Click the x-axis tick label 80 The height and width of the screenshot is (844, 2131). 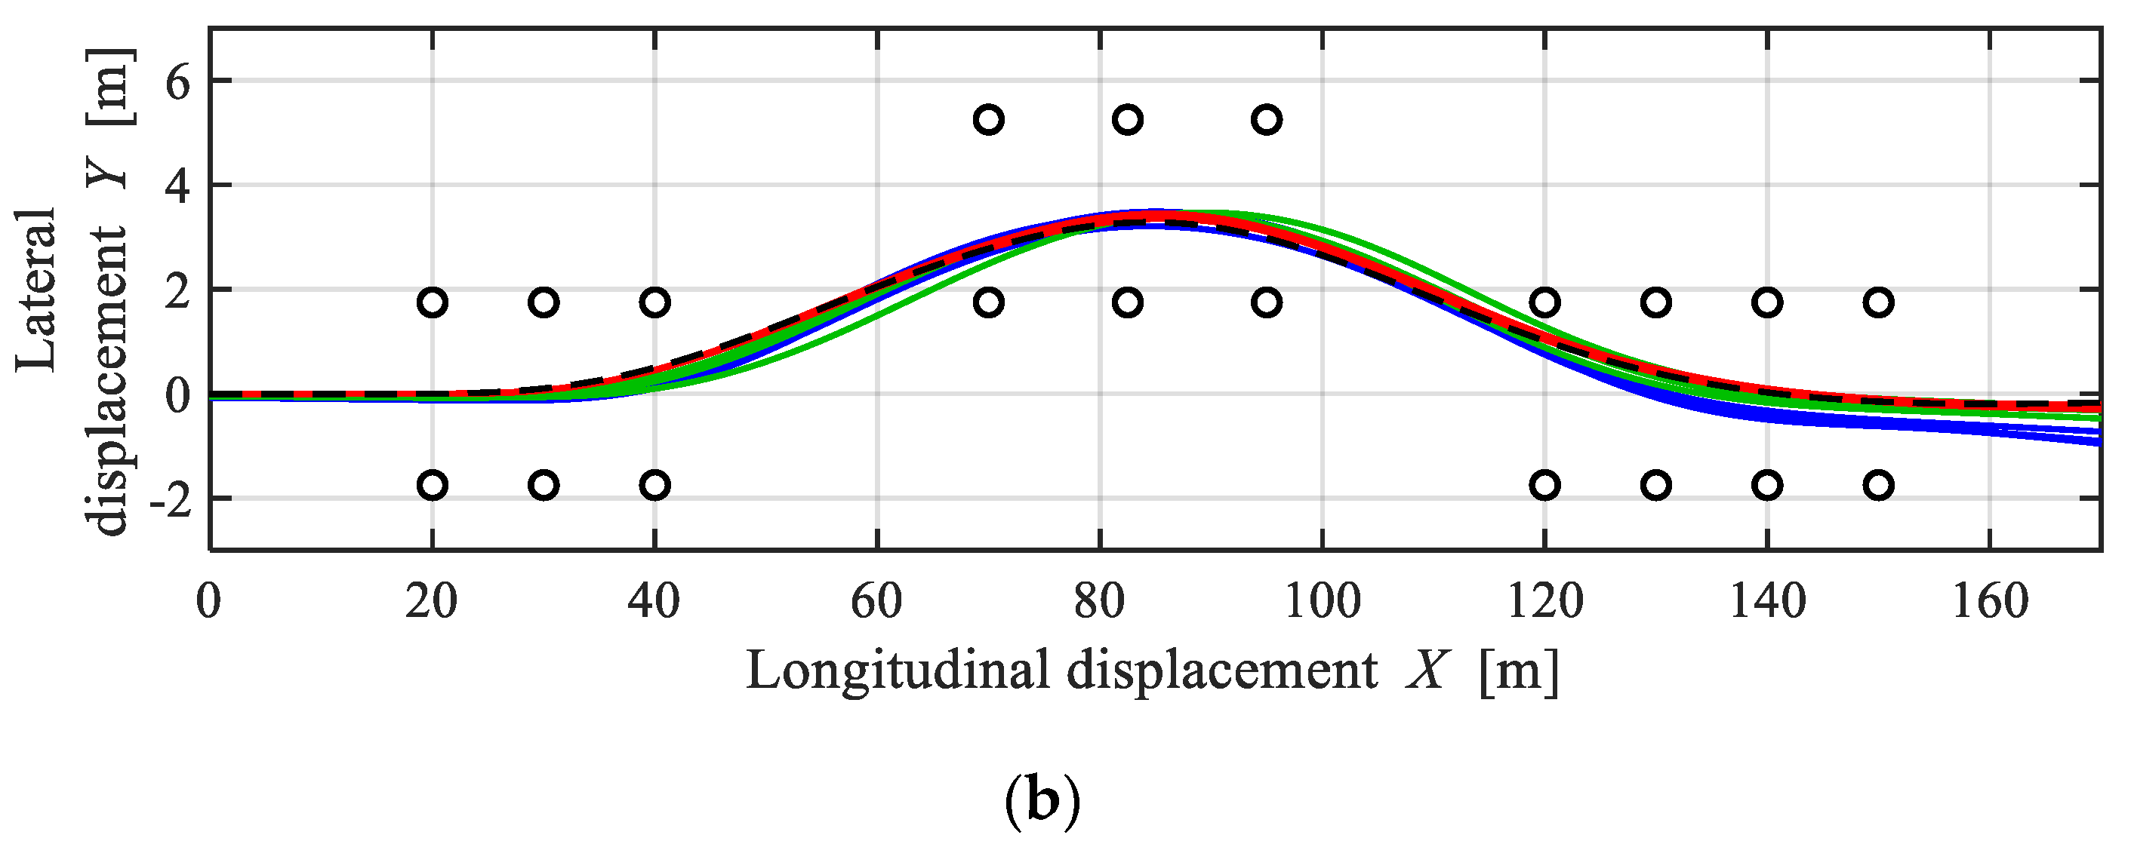click(x=1098, y=603)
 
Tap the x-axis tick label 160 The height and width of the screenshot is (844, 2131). click(x=1990, y=603)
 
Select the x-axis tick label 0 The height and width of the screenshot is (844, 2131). click(x=209, y=603)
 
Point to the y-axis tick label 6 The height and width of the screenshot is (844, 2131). click(x=177, y=84)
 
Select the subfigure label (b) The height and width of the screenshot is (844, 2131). click(x=1042, y=801)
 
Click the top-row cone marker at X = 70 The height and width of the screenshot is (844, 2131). click(x=989, y=120)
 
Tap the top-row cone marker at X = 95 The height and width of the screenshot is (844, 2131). click(x=1267, y=120)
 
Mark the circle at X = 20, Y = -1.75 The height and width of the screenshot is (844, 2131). click(x=433, y=485)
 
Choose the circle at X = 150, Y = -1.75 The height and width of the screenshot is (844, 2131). click(x=1879, y=485)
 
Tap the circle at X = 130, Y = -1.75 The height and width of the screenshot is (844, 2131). click(x=1656, y=485)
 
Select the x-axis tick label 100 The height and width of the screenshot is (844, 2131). click(x=1321, y=603)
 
